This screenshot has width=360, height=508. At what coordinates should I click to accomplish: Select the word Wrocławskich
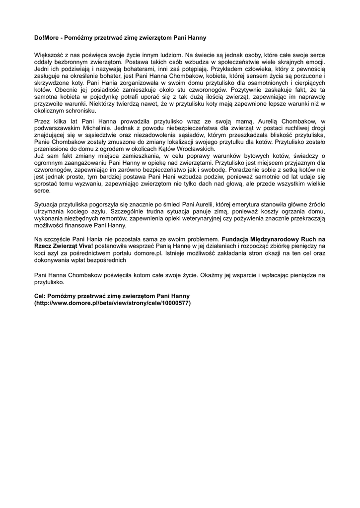(x=193, y=149)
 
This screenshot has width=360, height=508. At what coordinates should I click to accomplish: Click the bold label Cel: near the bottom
(x=41, y=295)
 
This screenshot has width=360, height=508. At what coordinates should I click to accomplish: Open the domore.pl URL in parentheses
(x=112, y=302)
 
